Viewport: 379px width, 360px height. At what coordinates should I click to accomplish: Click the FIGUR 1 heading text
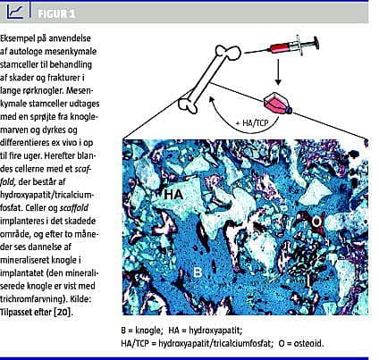coord(56,13)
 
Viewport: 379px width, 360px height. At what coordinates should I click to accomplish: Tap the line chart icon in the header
coord(15,13)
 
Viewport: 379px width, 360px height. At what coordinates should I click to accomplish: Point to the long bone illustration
coord(209,79)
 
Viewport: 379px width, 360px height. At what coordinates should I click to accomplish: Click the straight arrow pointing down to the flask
coord(278,71)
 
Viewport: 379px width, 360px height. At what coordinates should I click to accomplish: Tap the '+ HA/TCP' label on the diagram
coord(252,122)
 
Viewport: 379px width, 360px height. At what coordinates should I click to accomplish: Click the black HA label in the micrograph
coord(173,195)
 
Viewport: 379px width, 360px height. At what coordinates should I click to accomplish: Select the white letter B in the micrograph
coord(198,272)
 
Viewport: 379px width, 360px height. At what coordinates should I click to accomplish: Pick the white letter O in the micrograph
coord(316,222)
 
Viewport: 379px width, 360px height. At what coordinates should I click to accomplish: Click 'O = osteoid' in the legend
coord(301,343)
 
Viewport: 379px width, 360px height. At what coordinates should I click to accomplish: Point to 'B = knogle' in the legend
coord(142,331)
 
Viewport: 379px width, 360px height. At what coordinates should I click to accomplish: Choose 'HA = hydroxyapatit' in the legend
coord(206,331)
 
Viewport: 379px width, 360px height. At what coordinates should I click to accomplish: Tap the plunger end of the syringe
coord(316,43)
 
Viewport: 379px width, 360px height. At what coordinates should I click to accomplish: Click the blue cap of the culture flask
coord(289,111)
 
